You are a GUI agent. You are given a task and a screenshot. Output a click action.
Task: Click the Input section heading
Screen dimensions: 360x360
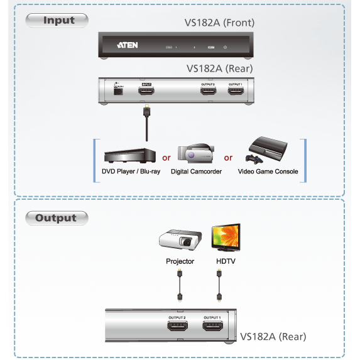tap(58, 20)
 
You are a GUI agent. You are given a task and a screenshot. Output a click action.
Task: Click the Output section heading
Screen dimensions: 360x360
tap(56, 218)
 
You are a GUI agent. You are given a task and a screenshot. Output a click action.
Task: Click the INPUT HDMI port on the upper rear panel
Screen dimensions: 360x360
tap(147, 92)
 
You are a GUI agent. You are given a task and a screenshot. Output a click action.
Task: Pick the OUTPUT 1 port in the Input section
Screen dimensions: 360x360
tap(236, 92)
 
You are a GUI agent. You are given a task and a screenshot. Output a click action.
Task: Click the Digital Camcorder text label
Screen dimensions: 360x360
tap(196, 172)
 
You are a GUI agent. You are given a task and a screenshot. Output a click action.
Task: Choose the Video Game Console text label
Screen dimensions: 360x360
tap(268, 172)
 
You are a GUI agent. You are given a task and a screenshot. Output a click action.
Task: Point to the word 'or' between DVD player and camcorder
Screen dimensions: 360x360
tap(166, 158)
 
